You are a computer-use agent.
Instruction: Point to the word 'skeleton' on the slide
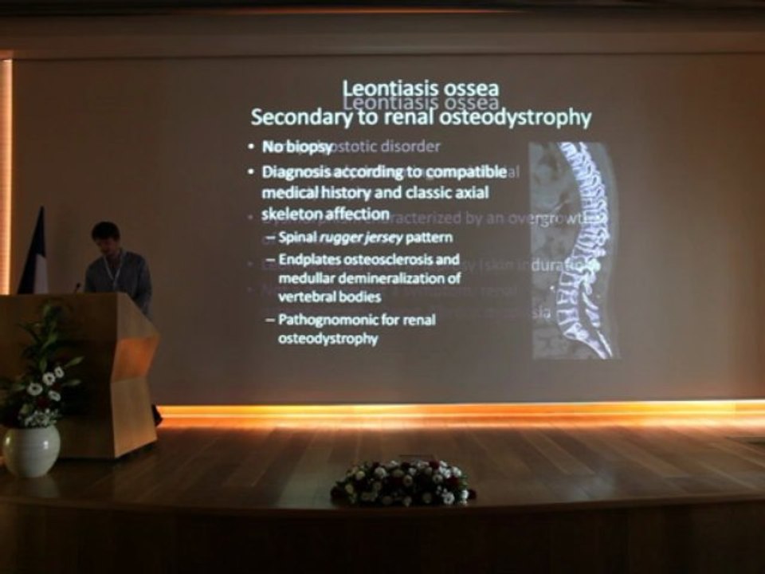(x=290, y=214)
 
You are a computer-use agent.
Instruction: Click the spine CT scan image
(x=576, y=249)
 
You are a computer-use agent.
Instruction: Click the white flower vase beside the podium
(x=31, y=450)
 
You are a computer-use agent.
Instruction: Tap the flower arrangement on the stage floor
(x=402, y=483)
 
